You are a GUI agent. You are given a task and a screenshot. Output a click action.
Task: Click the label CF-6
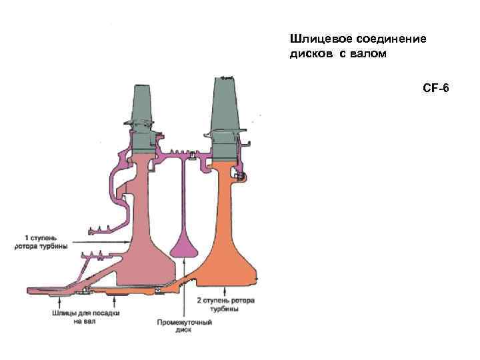436,88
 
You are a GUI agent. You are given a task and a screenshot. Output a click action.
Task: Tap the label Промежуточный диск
184,326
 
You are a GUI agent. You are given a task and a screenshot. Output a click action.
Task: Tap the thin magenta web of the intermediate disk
182,193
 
